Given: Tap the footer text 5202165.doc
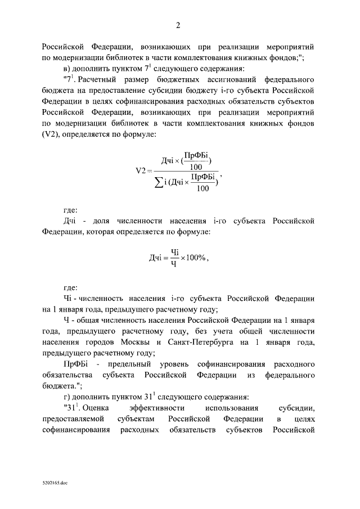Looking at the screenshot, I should tap(54, 483).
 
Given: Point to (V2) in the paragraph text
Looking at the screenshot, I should tap(52, 134).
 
